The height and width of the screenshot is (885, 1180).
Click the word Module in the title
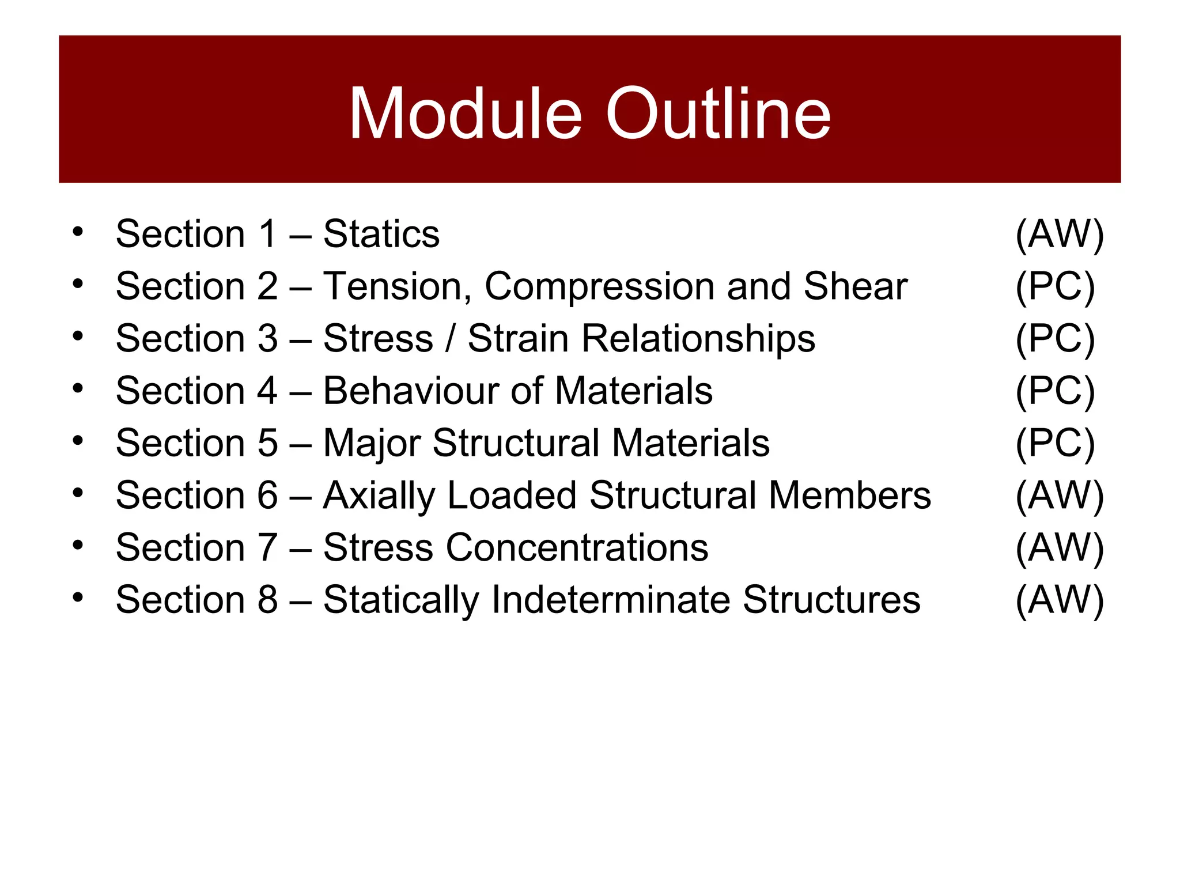click(465, 114)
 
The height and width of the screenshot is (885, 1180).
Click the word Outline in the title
click(718, 114)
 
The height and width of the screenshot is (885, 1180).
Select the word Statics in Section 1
click(381, 234)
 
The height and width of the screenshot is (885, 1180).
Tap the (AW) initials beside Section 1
click(1059, 234)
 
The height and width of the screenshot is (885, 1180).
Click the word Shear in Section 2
click(856, 286)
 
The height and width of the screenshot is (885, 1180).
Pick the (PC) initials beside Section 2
click(1055, 286)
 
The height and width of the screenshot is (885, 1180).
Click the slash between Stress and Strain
click(450, 338)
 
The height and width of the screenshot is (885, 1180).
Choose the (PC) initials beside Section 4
click(1055, 391)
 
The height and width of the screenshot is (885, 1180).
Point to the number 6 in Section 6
click(267, 496)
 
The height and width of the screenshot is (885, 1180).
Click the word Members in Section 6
click(850, 496)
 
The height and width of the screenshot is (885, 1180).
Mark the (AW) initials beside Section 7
click(1059, 547)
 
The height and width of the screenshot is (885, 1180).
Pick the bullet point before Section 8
click(78, 596)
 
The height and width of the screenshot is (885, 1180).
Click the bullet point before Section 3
click(78, 335)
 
